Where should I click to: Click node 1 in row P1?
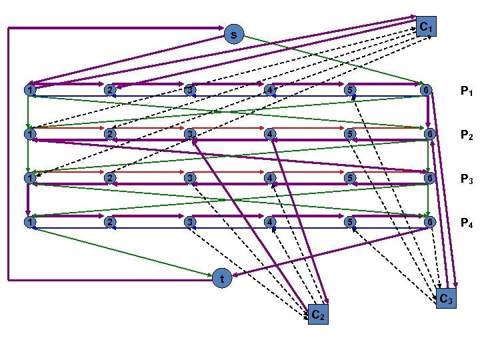[x=29, y=90]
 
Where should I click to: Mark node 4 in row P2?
[x=270, y=134]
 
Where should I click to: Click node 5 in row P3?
[x=349, y=178]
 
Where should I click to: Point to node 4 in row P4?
[x=270, y=221]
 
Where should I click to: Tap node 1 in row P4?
[x=29, y=221]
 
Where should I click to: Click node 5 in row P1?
[x=349, y=90]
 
